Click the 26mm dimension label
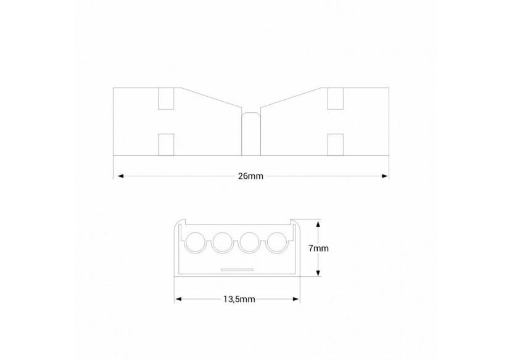(x=250, y=176)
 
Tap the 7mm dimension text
(x=319, y=248)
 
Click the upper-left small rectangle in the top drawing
(x=167, y=99)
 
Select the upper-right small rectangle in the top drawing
(x=335, y=99)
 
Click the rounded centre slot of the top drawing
(x=250, y=133)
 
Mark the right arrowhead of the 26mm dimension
(x=384, y=176)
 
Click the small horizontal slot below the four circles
(x=237, y=270)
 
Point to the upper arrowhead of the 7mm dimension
(x=318, y=224)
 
